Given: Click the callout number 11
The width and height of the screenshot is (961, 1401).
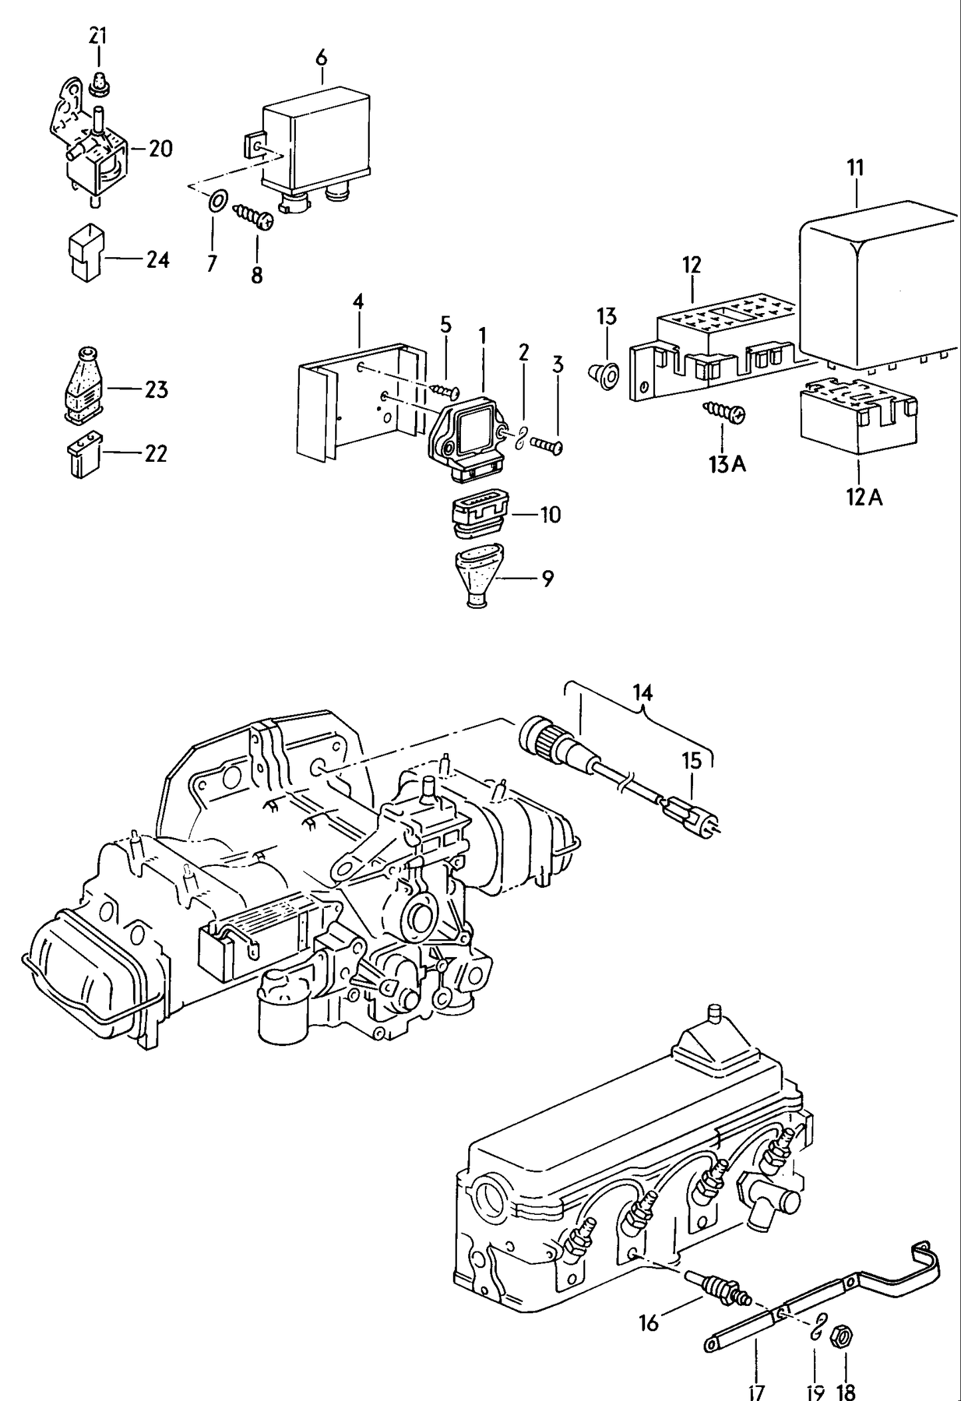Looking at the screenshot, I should (855, 168).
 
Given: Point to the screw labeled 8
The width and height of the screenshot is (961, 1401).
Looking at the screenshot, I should (253, 217).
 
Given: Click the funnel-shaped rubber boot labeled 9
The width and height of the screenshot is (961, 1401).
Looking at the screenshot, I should (480, 576).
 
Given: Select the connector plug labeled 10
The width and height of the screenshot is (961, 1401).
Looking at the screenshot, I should (478, 515).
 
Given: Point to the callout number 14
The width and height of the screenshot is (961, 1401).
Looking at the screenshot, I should (643, 693).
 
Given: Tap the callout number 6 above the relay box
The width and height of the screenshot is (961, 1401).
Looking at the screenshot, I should (321, 58).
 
